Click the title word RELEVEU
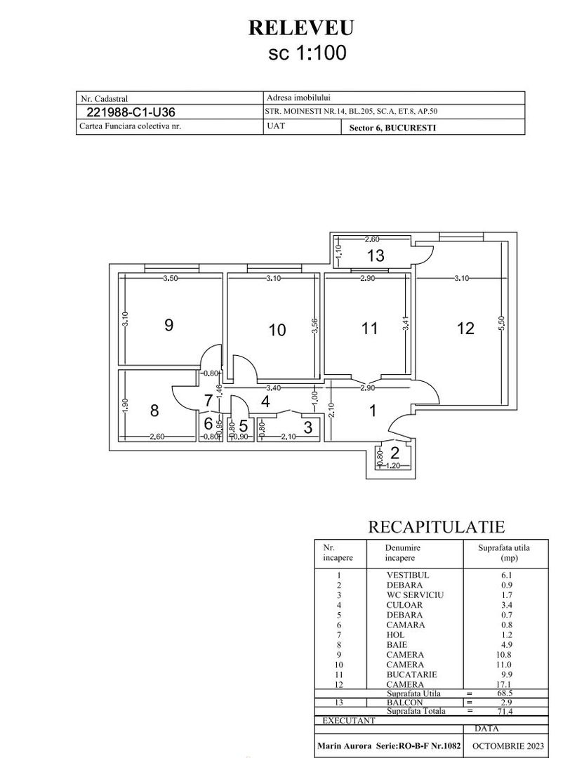pyautogui.click(x=300, y=27)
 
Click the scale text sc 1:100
pyautogui.click(x=307, y=53)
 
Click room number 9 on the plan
pyautogui.click(x=168, y=325)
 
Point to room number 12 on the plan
pyautogui.click(x=465, y=328)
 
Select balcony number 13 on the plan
pyautogui.click(x=376, y=256)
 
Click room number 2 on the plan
pyautogui.click(x=394, y=453)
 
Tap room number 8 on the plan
pyautogui.click(x=154, y=411)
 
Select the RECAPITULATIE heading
pyautogui.click(x=437, y=527)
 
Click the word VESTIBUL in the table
pyautogui.click(x=408, y=575)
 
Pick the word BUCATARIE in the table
pyautogui.click(x=411, y=674)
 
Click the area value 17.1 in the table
pyautogui.click(x=505, y=684)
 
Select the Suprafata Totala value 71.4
pyautogui.click(x=505, y=711)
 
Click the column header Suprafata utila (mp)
pyautogui.click(x=504, y=552)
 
